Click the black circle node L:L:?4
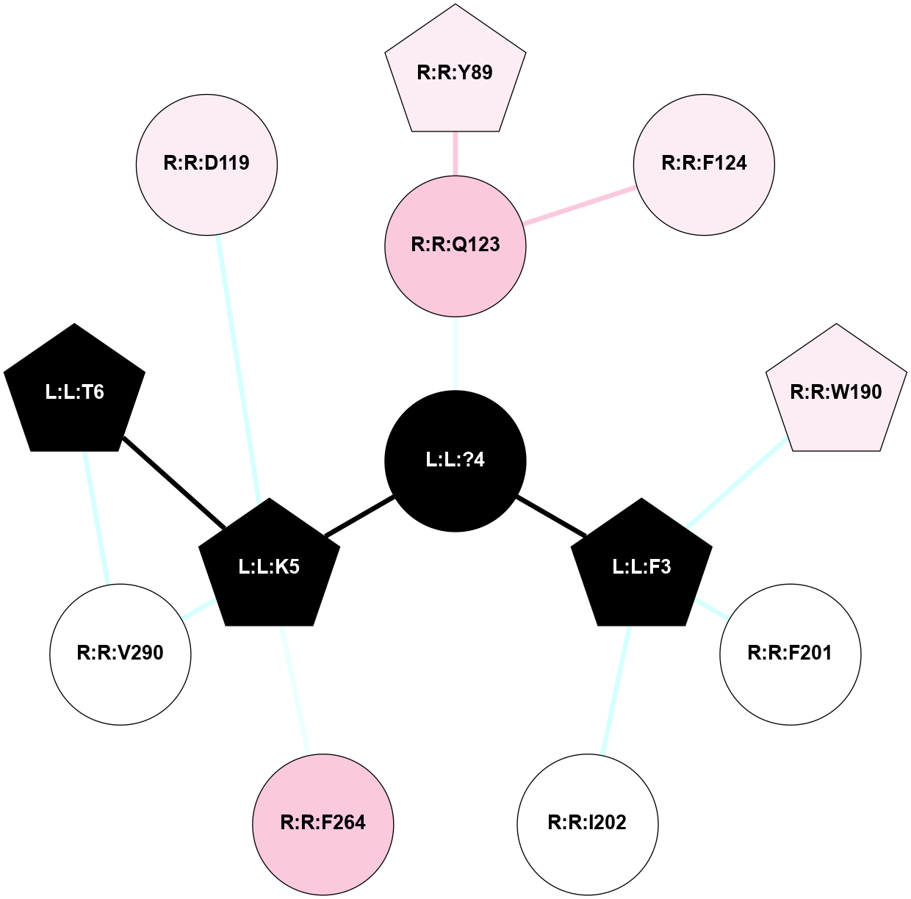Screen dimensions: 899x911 [455, 461]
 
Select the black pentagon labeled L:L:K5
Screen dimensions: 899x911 [270, 567]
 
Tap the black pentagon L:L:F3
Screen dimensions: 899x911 [641, 567]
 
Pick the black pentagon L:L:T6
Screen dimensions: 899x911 [75, 392]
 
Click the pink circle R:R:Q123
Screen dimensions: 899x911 [455, 245]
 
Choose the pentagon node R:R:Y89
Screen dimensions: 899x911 [455, 73]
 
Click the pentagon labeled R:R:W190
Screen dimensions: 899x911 [836, 392]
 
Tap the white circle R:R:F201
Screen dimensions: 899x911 [790, 654]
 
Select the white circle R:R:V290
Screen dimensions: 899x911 [120, 654]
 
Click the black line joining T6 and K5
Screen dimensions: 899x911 [173, 482]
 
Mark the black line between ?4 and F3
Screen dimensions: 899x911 [551, 516]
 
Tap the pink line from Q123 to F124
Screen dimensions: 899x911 [579, 205]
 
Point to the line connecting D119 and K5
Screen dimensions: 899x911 [238, 367]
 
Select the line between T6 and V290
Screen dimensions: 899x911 [97, 517]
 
